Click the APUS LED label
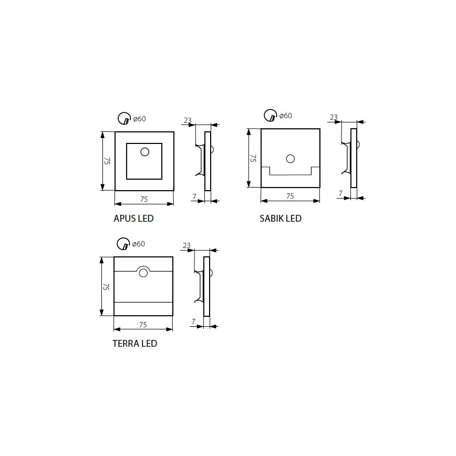[133, 218]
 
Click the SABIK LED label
[280, 218]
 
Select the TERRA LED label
[134, 344]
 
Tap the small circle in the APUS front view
[144, 152]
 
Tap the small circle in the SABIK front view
[290, 158]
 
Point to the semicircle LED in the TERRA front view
[143, 272]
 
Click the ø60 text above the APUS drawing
[139, 119]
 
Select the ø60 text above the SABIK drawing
[285, 116]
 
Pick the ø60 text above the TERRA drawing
[138, 244]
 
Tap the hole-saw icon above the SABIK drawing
[270, 115]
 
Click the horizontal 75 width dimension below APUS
[144, 199]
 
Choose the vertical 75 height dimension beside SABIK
[253, 158]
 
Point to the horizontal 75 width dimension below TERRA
[143, 324]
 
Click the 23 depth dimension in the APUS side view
[188, 120]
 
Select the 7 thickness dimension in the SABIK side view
[340, 193]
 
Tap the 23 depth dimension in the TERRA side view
[186, 245]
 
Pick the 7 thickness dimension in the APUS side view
[194, 196]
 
